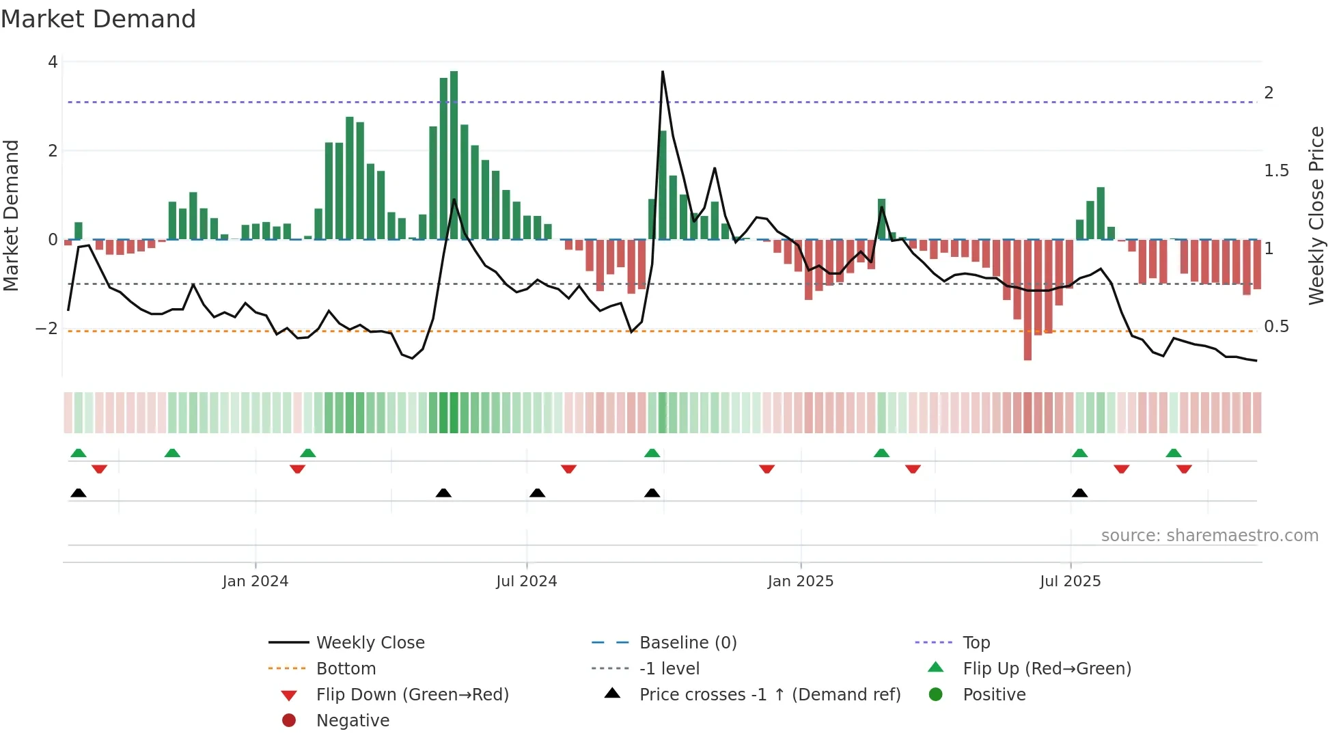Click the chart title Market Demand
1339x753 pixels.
pyautogui.click(x=98, y=19)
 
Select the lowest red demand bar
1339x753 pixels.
pyautogui.click(x=1027, y=301)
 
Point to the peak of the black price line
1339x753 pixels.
pyautogui.click(x=663, y=72)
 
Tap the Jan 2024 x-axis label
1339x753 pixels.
pyautogui.click(x=256, y=581)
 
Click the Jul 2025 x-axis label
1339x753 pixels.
pyautogui.click(x=1071, y=581)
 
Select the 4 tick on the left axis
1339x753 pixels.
pyautogui.click(x=53, y=62)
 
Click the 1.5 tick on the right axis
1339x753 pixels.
pyautogui.click(x=1276, y=171)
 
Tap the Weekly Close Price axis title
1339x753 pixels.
pyautogui.click(x=1316, y=215)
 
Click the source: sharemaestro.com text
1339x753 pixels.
pyautogui.click(x=1209, y=536)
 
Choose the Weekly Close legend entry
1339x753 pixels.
pyautogui.click(x=370, y=643)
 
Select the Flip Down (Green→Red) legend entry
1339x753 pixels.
pyautogui.click(x=412, y=695)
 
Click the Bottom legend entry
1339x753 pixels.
pyautogui.click(x=346, y=669)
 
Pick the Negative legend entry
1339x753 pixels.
pyautogui.click(x=353, y=721)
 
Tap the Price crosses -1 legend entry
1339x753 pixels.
pyautogui.click(x=769, y=695)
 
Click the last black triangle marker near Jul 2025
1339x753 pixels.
pyautogui.click(x=1079, y=493)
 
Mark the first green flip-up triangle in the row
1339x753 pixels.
pyautogui.click(x=79, y=453)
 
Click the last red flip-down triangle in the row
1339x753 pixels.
pyautogui.click(x=1184, y=469)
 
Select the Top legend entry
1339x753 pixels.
pyautogui.click(x=976, y=643)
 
